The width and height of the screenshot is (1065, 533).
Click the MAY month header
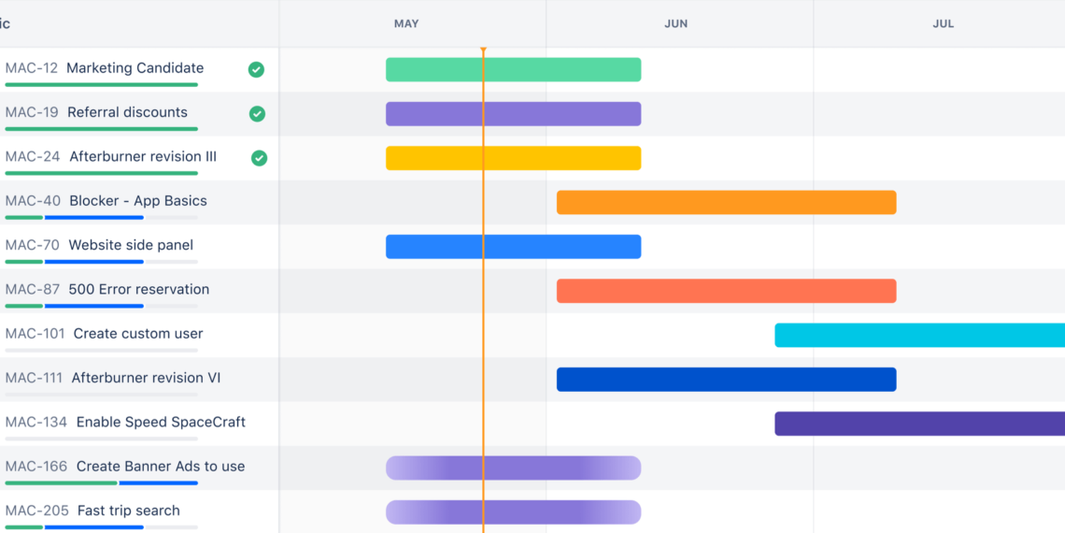406,23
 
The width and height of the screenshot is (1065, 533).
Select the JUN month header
675,23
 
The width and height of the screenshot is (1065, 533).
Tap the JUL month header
943,23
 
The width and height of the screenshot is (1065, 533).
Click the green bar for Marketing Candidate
513,69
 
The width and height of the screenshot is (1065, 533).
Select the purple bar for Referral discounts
513,114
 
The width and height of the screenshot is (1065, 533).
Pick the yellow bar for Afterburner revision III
513,158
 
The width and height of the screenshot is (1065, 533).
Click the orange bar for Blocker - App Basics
726,202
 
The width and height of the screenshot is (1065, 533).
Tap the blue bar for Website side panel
513,246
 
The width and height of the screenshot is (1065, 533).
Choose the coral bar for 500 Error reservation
726,291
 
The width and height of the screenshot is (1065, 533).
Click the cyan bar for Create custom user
919,335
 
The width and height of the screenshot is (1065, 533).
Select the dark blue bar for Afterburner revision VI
726,379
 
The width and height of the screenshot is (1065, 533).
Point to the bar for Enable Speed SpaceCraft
919,424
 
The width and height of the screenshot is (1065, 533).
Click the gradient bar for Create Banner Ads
513,468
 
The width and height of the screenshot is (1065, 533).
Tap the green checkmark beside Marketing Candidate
256,69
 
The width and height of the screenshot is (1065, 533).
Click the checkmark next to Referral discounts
257,113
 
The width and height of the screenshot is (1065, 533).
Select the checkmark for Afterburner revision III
259,158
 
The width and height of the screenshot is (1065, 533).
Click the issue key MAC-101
35,334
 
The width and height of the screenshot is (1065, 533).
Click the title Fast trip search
128,511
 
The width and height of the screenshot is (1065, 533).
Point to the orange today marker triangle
483,50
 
